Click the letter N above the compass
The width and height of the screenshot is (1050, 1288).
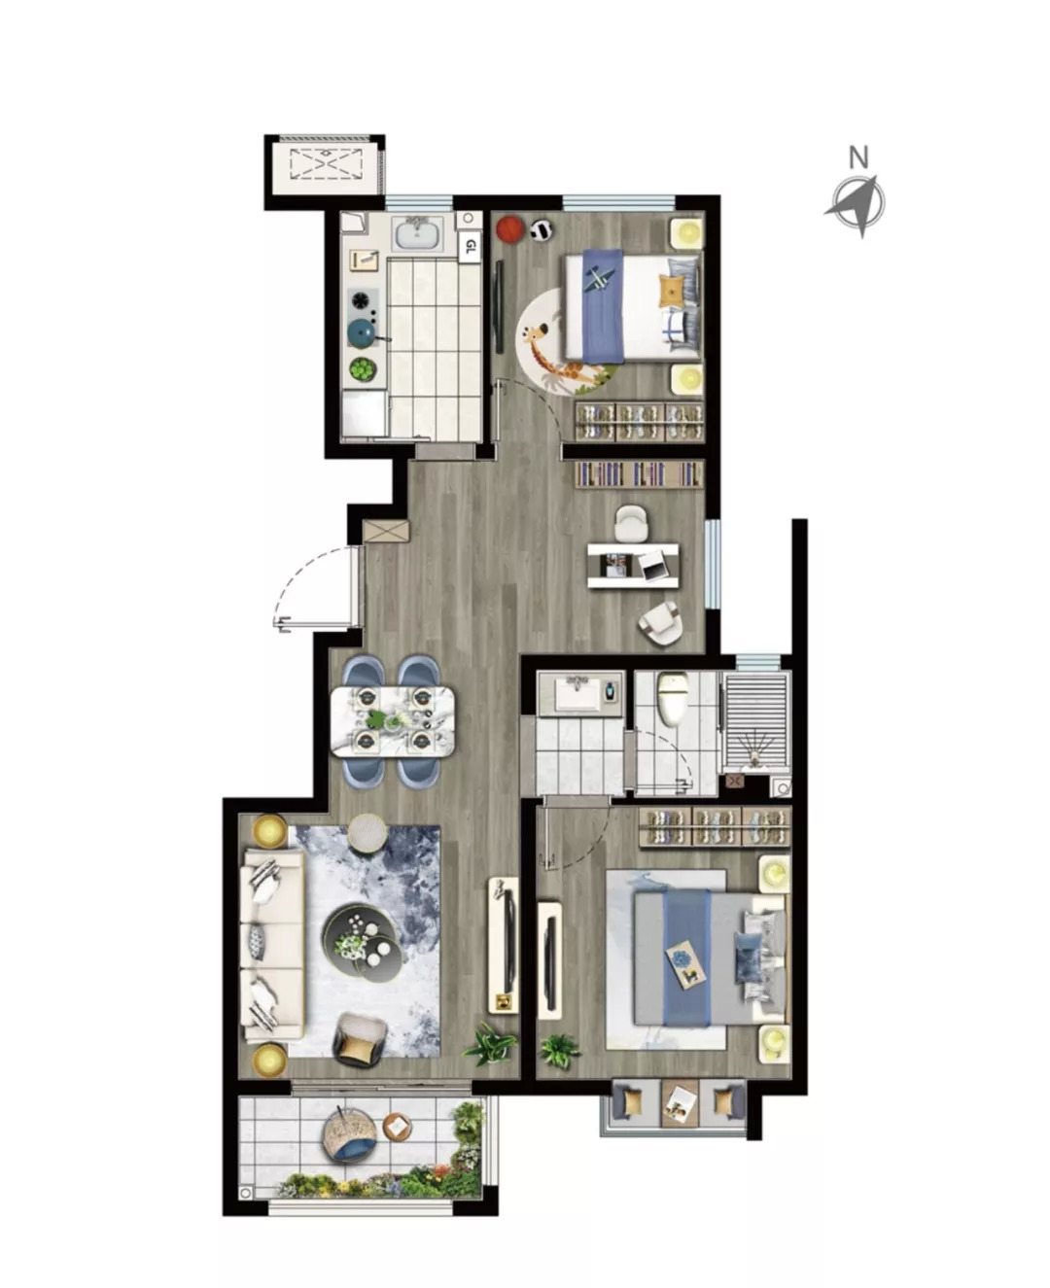coord(858,157)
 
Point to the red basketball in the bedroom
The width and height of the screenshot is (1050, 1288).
coord(509,229)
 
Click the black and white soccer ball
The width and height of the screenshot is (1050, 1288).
coord(542,229)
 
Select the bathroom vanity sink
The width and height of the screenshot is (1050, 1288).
coord(578,695)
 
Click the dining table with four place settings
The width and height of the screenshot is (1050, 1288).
coord(393,721)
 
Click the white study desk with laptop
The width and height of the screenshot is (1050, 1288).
coord(633,566)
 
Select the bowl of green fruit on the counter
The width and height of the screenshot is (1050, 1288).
coord(363,369)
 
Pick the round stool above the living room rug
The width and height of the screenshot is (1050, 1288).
coord(367,833)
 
